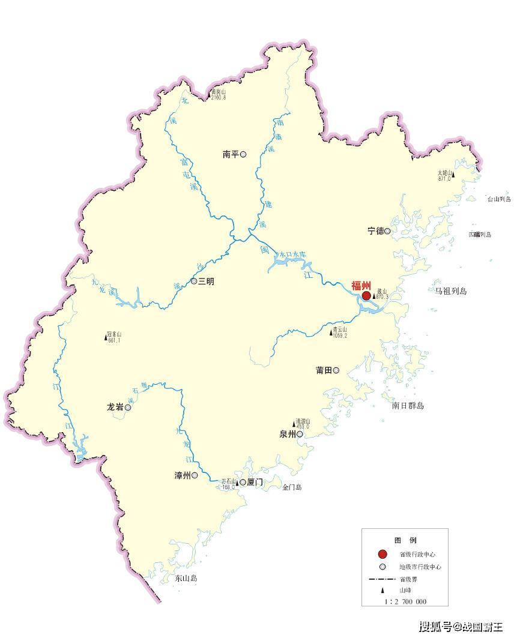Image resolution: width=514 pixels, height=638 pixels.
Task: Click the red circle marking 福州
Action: [366, 296]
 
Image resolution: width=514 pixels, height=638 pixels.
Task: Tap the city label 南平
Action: [231, 155]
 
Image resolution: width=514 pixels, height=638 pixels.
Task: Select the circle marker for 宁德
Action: [387, 231]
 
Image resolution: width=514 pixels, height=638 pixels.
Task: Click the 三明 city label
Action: [206, 281]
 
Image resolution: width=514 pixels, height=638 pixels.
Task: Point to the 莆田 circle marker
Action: [336, 370]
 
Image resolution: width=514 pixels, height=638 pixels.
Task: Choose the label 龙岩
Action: [115, 408]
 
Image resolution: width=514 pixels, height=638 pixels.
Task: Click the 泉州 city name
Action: [288, 434]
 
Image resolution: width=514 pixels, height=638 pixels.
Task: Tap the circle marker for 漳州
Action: [195, 475]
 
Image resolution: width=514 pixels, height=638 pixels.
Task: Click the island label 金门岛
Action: [292, 487]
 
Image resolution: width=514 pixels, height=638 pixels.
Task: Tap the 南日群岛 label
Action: [408, 406]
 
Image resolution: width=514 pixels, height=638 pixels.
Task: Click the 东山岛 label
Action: [186, 579]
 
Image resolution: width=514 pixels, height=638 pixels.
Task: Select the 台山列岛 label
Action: [498, 199]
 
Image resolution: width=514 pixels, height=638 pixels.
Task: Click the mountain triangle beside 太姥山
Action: [453, 176]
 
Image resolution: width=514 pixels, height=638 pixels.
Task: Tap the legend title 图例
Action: [405, 540]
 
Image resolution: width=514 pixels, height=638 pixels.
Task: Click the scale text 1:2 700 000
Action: [405, 601]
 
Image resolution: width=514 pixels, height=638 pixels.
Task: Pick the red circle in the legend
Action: [382, 554]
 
